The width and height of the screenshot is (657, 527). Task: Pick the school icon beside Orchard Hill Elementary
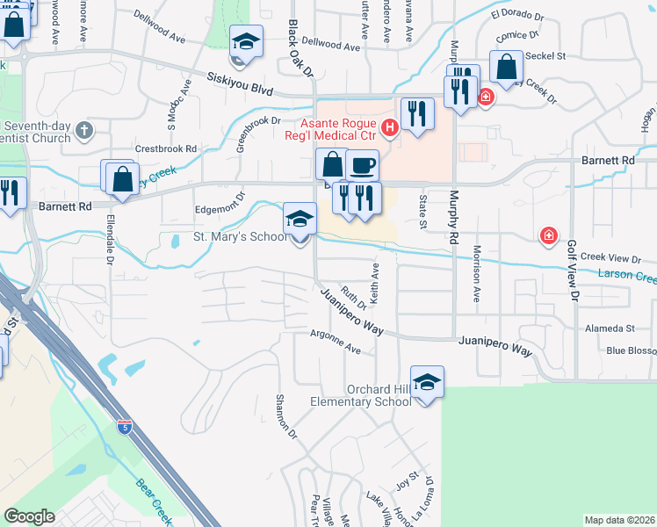click(x=427, y=383)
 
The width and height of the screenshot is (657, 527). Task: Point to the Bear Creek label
click(x=157, y=497)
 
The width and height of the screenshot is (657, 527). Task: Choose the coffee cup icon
click(x=362, y=164)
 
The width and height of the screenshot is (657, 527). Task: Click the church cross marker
click(x=84, y=131)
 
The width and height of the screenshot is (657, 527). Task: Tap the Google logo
click(x=29, y=516)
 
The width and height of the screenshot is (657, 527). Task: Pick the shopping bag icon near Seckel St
click(x=507, y=66)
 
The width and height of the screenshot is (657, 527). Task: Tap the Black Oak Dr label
click(x=295, y=46)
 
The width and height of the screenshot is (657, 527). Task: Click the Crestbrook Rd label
click(x=165, y=148)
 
